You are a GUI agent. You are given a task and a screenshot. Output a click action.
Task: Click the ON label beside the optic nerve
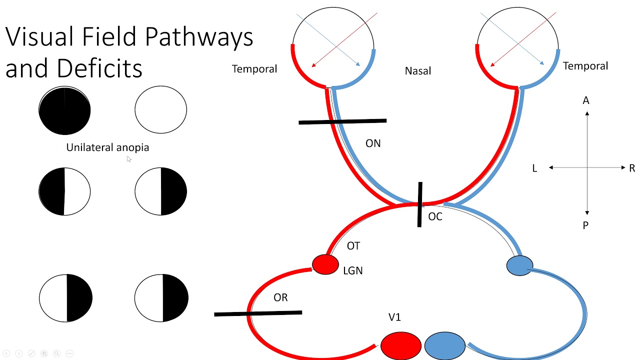[x=373, y=143]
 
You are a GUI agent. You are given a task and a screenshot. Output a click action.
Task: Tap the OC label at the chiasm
[x=435, y=216]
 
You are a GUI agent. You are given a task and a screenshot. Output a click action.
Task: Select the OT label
[x=353, y=246]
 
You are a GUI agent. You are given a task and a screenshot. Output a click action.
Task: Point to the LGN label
[x=353, y=270]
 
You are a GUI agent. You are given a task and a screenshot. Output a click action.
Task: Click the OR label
[x=280, y=297]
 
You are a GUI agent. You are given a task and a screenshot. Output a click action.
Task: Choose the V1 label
[x=394, y=317]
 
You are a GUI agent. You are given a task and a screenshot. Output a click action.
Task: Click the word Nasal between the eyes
[x=418, y=71]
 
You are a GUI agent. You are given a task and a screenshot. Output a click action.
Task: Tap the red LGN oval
[x=325, y=264]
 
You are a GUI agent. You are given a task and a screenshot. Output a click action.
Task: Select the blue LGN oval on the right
[x=519, y=265]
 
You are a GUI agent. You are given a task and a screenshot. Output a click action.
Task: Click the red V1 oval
[x=400, y=346]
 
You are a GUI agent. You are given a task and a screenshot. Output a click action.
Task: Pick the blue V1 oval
[x=444, y=346]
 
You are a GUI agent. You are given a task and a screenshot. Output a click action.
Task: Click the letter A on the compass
[x=586, y=101]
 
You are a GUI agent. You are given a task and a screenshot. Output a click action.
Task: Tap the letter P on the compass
[x=586, y=225]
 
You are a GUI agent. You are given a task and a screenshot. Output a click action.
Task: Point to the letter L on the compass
[x=534, y=168]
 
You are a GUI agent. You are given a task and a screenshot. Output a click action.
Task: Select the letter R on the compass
[x=632, y=168]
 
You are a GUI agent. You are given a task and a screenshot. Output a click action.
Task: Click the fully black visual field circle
[x=64, y=111]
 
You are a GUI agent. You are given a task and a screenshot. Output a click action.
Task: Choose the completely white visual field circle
[x=160, y=110]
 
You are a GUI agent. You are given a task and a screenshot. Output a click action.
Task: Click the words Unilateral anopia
[x=107, y=147]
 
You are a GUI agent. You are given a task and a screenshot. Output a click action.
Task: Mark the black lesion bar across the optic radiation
[x=258, y=313]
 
